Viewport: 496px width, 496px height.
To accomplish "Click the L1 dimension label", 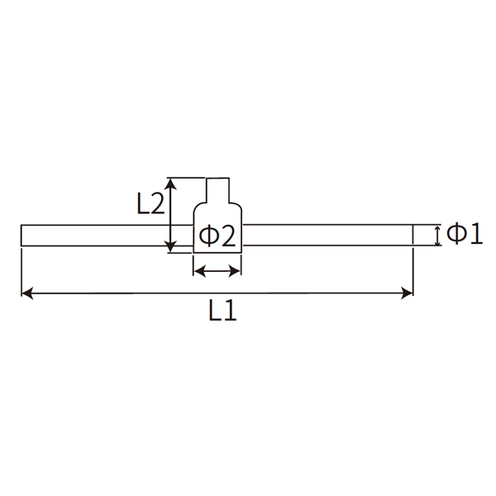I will [222, 311].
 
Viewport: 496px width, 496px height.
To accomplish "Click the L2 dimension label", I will [150, 203].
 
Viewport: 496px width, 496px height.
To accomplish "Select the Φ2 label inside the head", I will [218, 237].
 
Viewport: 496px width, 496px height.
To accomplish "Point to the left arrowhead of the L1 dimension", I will [26, 292].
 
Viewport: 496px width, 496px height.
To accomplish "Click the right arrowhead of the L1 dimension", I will [408, 292].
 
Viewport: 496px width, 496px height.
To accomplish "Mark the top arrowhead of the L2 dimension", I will [169, 182].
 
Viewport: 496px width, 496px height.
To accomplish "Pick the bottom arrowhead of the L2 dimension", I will [169, 246].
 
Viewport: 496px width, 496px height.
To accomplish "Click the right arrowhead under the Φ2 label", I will [236, 269].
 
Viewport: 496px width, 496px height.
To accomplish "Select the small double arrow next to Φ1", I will [437, 235].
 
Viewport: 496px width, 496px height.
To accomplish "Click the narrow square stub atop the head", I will [217, 189].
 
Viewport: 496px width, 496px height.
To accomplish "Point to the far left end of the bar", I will [22, 235].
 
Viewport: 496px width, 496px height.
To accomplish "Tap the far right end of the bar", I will [412, 235].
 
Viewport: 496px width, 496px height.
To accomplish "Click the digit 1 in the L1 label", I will [231, 311].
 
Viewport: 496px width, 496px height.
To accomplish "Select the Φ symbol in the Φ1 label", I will [456, 235].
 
